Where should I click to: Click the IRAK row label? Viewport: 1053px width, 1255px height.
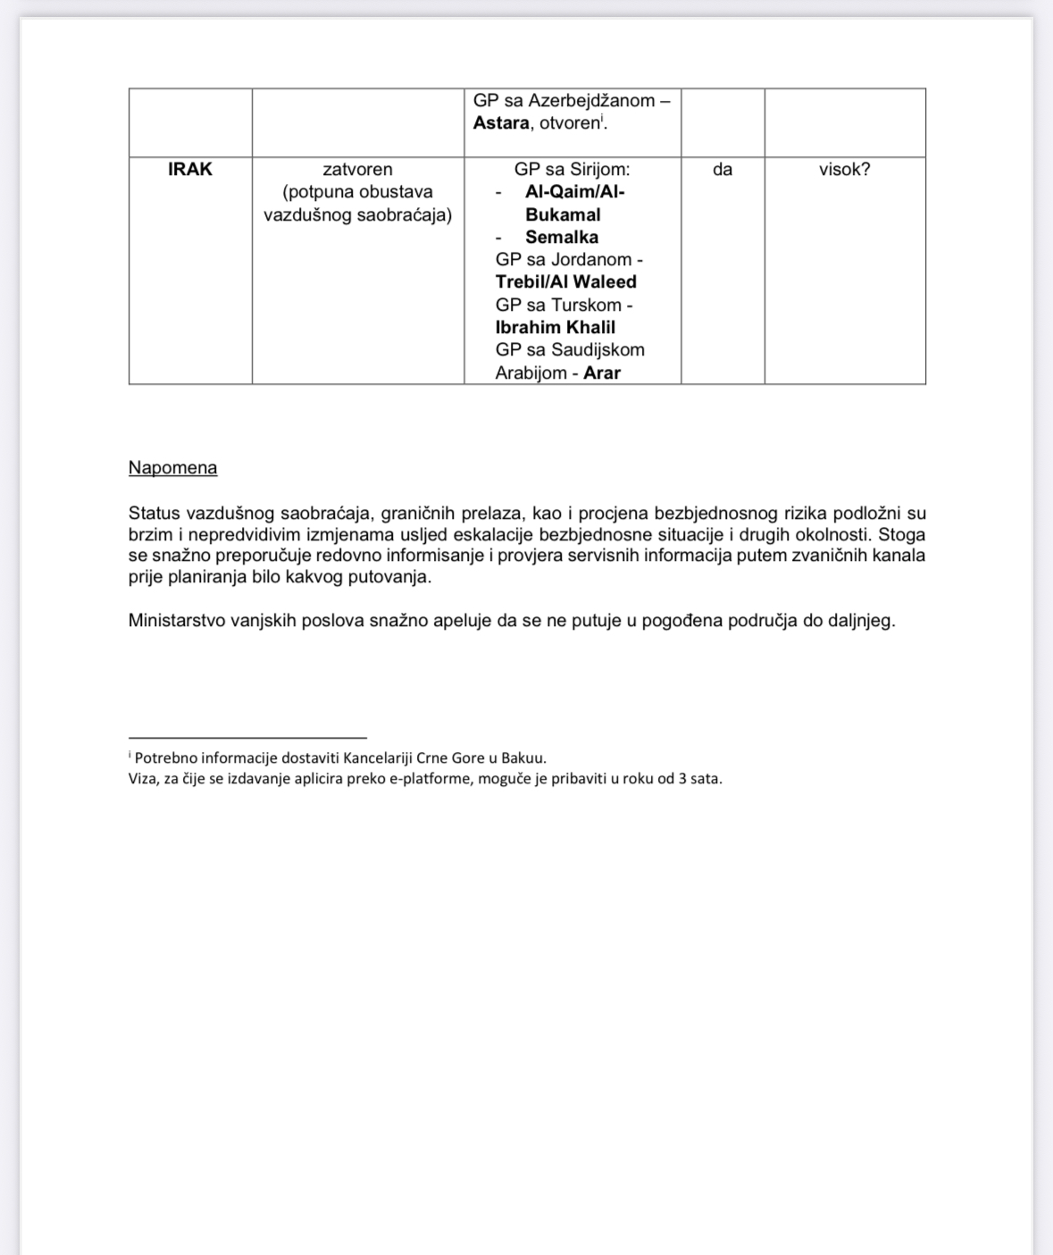(x=190, y=169)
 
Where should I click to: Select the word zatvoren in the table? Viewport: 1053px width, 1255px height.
(x=357, y=169)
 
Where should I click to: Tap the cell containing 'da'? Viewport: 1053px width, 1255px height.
(x=723, y=169)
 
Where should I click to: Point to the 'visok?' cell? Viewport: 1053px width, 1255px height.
(x=844, y=169)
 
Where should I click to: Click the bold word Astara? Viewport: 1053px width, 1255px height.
(x=501, y=123)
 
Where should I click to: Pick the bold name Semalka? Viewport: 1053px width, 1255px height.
(x=562, y=237)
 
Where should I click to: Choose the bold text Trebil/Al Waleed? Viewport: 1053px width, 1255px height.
(x=566, y=282)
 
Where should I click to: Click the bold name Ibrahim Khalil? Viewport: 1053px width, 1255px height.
(x=556, y=327)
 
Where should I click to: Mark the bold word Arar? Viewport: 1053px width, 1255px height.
(x=602, y=372)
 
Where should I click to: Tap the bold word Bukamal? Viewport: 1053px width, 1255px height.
(x=563, y=214)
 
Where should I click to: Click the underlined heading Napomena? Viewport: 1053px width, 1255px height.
(x=172, y=468)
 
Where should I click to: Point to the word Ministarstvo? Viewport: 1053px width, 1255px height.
(x=180, y=620)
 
